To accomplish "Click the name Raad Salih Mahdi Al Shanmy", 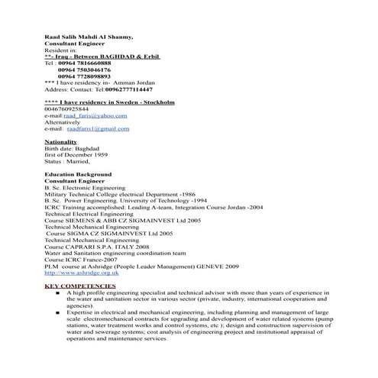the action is [x=88, y=37].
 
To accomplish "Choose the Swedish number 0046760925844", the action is [x=67, y=108].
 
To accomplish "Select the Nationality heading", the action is [x=61, y=142].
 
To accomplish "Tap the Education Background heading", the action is [x=78, y=175].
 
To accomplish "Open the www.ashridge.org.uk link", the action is [x=82, y=273].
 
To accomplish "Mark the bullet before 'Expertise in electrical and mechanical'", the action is [x=59, y=312].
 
